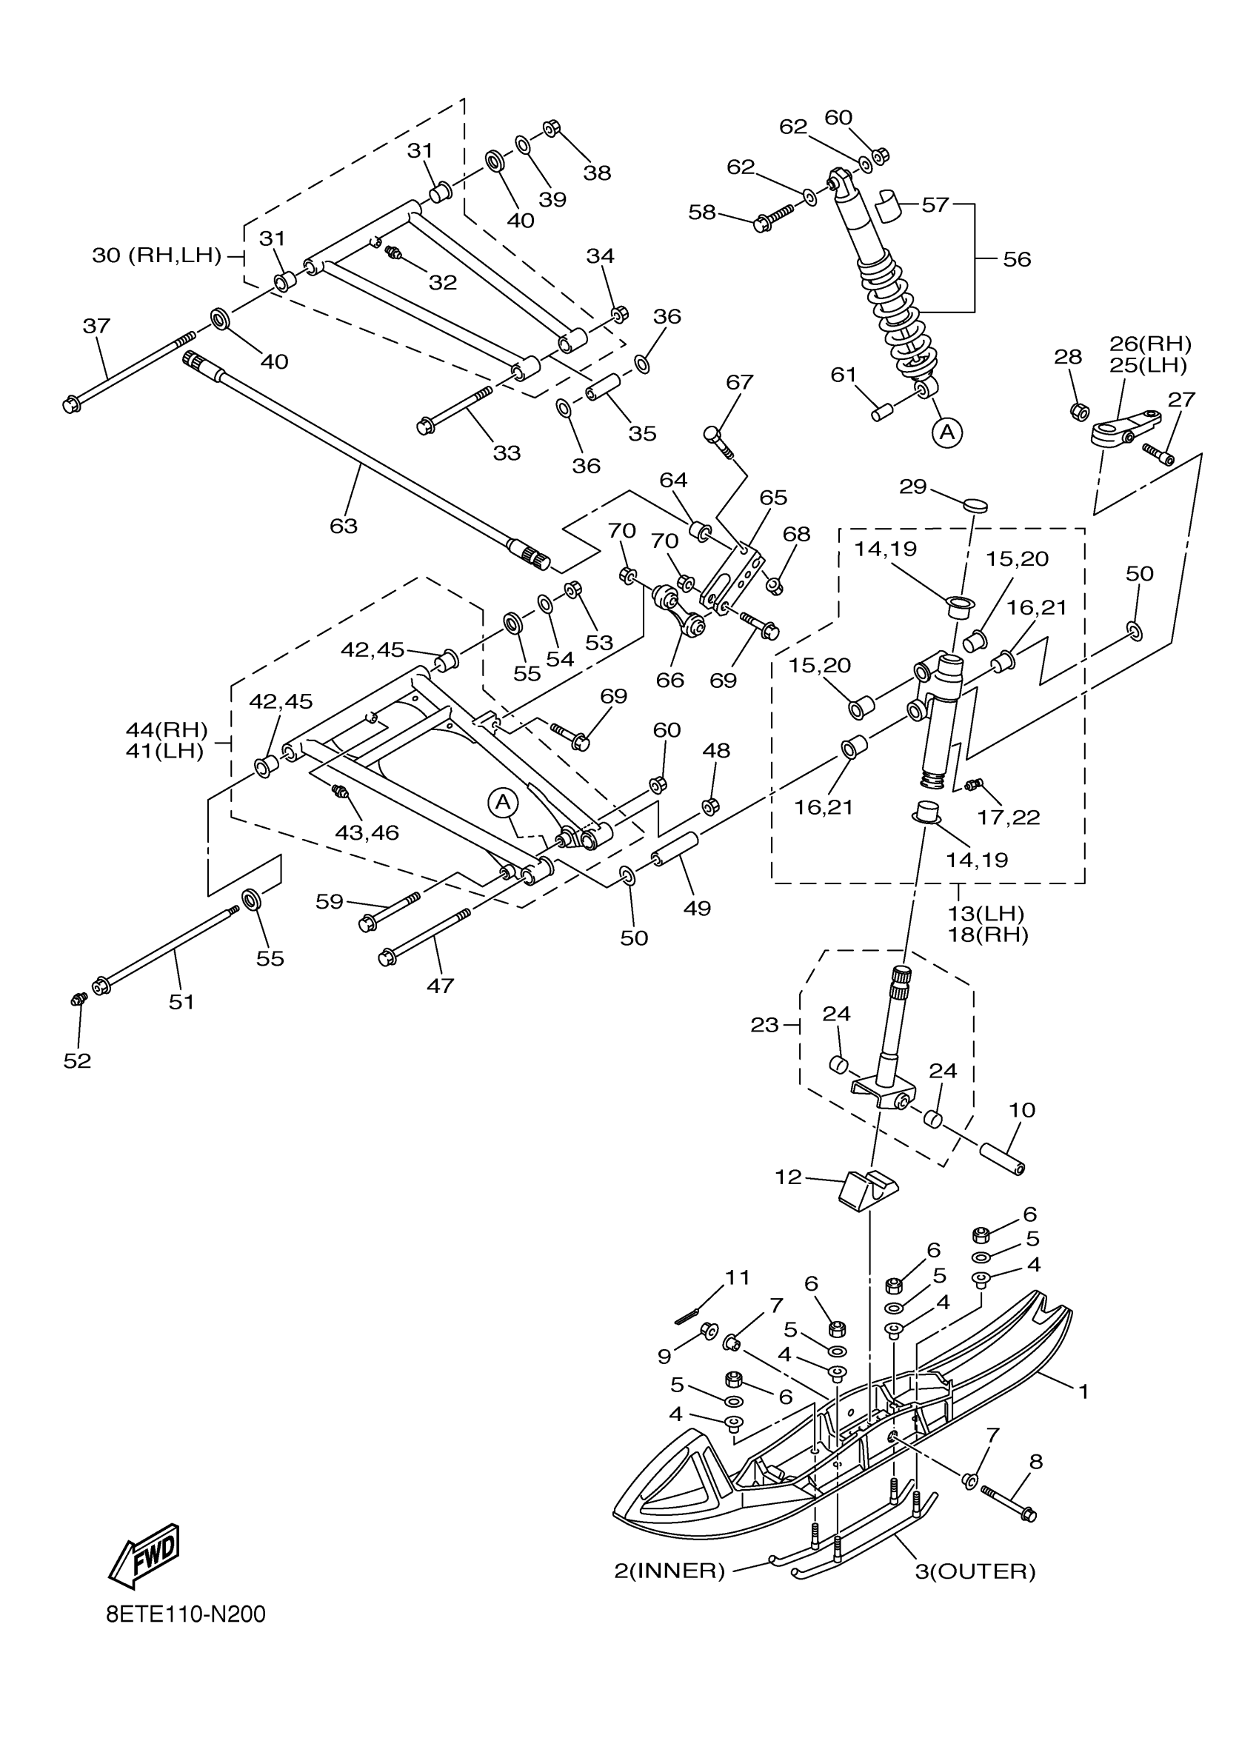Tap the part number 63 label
click(344, 526)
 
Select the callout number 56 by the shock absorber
click(1017, 260)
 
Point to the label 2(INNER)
click(669, 1571)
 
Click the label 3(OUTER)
click(975, 1571)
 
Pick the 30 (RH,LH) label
click(156, 256)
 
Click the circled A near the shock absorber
click(947, 433)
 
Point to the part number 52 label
click(78, 1060)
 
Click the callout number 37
click(96, 326)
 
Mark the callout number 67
click(739, 381)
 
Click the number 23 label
click(764, 1025)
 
